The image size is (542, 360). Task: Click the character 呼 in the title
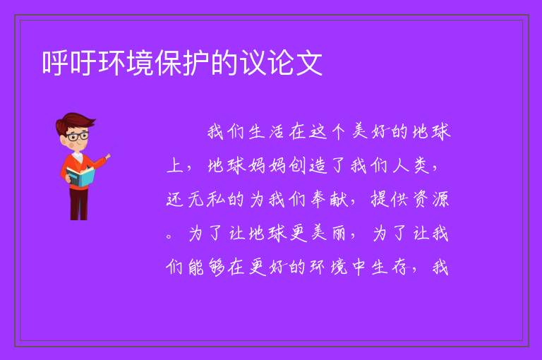[x=56, y=62]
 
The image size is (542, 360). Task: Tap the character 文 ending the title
[x=308, y=62]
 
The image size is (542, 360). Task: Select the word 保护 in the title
[x=182, y=62]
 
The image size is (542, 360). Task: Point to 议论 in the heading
[x=267, y=62]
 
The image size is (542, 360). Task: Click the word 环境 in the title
[x=126, y=62]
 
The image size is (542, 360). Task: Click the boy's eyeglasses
[x=78, y=136]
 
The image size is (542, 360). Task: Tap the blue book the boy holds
[x=80, y=177]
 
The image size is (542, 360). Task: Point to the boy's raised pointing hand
[x=108, y=157]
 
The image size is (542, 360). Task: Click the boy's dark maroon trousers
[x=79, y=204]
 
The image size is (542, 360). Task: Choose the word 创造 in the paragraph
[x=307, y=166]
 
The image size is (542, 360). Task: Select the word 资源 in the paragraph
[x=430, y=200]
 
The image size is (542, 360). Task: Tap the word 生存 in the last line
[x=390, y=268]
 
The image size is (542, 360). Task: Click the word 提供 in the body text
[x=390, y=200]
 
